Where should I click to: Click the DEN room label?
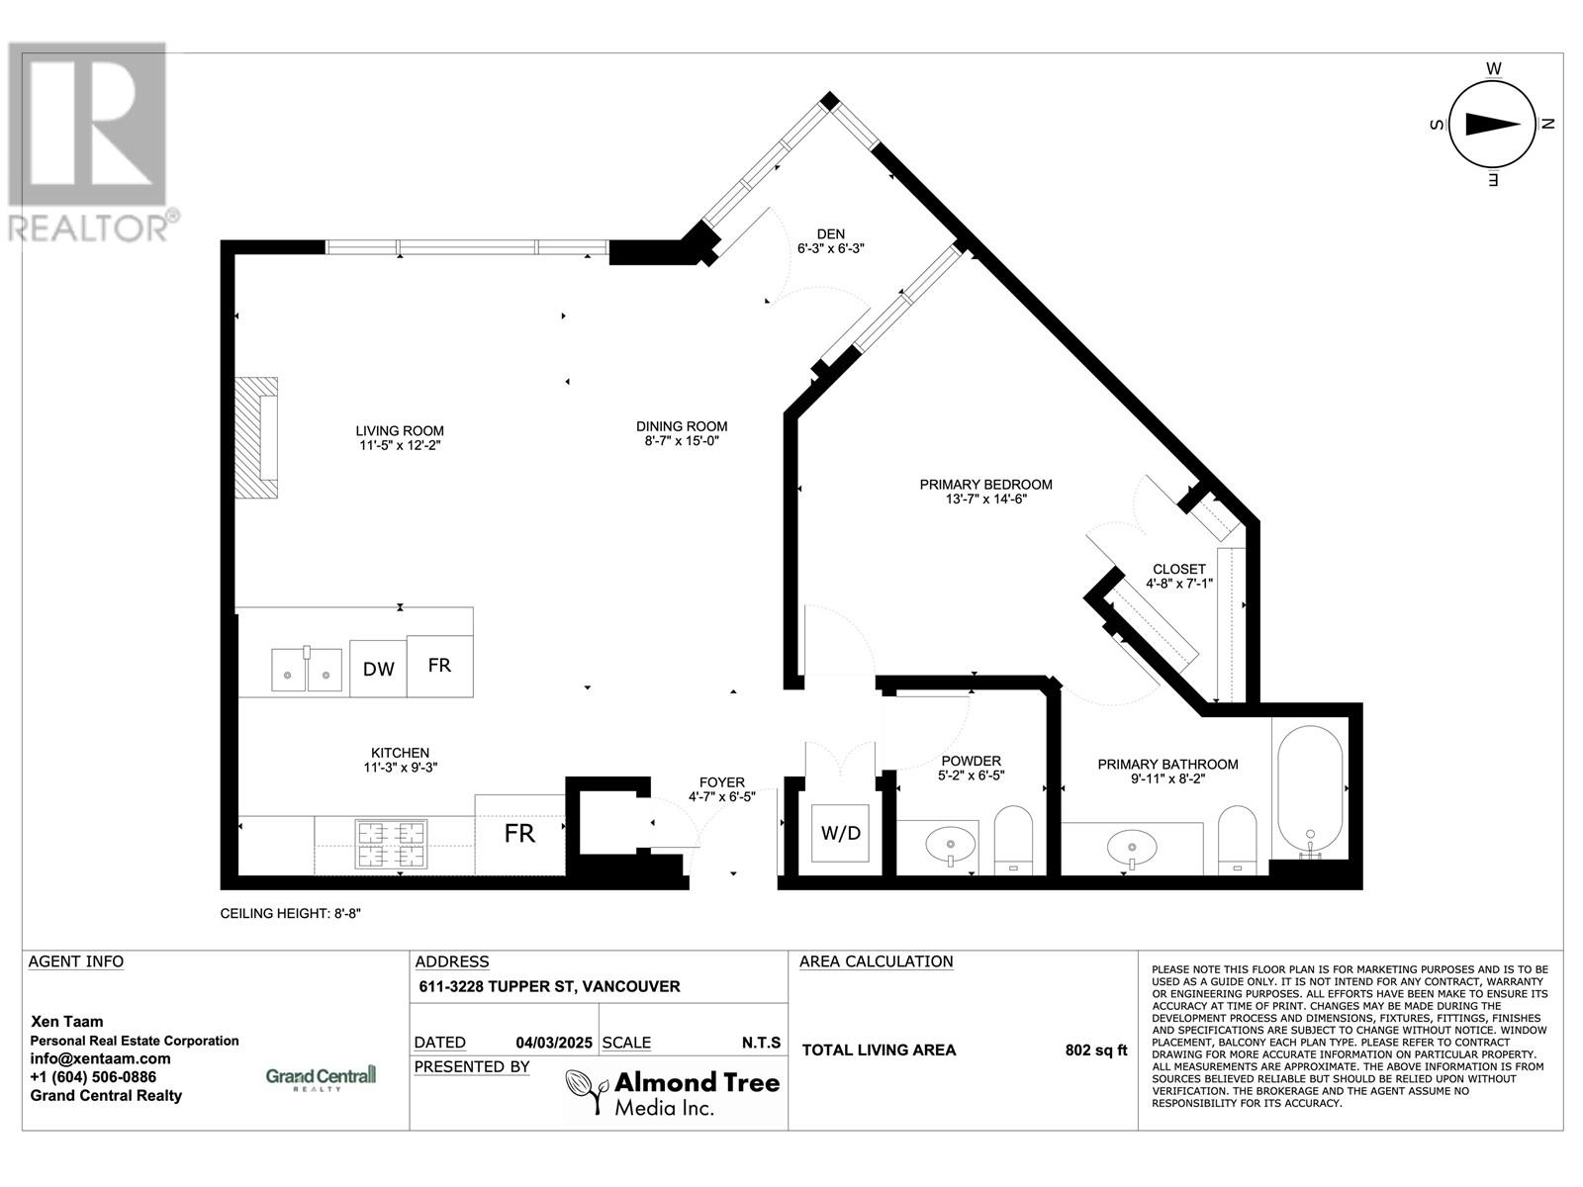tap(831, 234)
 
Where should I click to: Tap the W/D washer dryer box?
tap(841, 834)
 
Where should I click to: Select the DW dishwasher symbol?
tap(378, 670)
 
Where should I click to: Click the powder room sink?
tap(951, 845)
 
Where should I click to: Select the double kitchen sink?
tap(307, 670)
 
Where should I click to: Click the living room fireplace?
tap(256, 438)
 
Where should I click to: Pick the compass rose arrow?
tap(1492, 125)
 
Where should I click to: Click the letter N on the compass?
tap(1549, 125)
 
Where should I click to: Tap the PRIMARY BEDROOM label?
tap(985, 485)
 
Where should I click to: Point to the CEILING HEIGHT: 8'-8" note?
tap(291, 914)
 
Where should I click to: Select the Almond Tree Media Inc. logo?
tap(673, 1092)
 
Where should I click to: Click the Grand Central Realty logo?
tap(322, 1076)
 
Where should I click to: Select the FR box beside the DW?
tap(439, 666)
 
